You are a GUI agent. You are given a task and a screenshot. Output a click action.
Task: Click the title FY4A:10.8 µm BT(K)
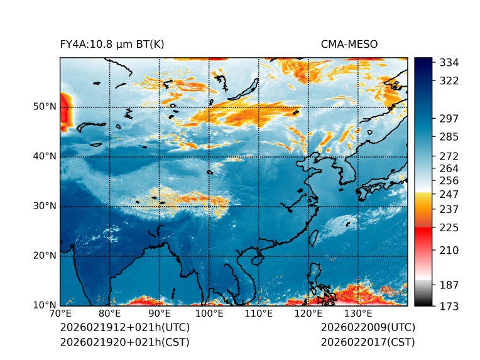point(112,45)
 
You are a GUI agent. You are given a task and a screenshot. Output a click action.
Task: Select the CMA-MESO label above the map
point(349,45)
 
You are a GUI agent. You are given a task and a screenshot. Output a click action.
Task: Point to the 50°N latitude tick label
point(44,107)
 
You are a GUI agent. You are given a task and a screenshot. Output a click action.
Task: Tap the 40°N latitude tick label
point(44,156)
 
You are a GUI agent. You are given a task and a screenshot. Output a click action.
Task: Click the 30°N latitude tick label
point(44,206)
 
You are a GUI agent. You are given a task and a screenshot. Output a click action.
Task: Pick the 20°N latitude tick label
point(44,256)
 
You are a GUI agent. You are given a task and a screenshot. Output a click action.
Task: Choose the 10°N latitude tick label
point(44,305)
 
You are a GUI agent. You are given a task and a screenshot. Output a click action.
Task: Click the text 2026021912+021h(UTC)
point(124,328)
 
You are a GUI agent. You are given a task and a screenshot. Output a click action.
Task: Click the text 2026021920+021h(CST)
point(124,342)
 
